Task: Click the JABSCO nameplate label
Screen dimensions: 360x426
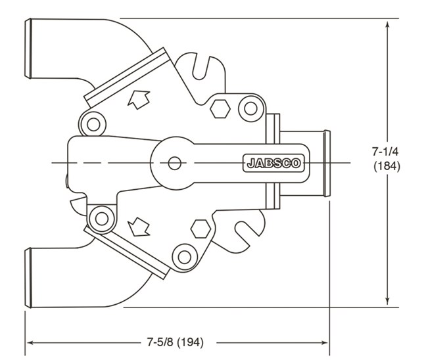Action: pyautogui.click(x=273, y=162)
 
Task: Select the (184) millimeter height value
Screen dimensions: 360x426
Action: pyautogui.click(x=387, y=166)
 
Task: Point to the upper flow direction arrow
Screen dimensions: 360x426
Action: pyautogui.click(x=139, y=99)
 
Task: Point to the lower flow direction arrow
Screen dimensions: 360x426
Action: pyautogui.click(x=139, y=227)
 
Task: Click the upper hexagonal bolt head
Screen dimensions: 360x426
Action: pyautogui.click(x=219, y=108)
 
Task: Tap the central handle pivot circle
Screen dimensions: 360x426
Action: pyautogui.click(x=174, y=162)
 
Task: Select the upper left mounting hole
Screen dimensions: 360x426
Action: pyautogui.click(x=93, y=123)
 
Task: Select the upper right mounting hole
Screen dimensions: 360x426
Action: pyautogui.click(x=249, y=107)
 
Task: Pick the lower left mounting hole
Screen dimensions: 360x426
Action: pyautogui.click(x=101, y=217)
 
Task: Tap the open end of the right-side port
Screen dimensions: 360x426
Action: pyautogui.click(x=327, y=163)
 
